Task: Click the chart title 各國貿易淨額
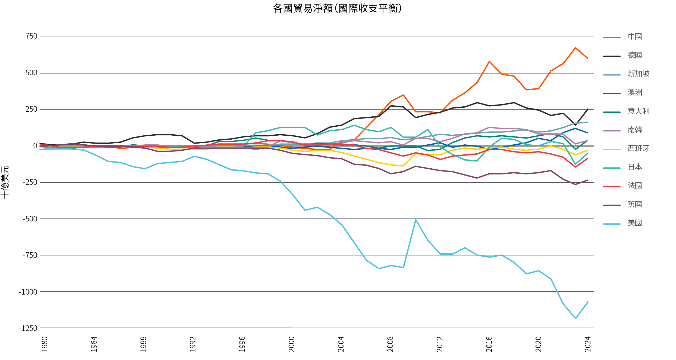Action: [337, 8]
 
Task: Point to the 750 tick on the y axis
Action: [31, 36]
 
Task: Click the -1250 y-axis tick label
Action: [28, 328]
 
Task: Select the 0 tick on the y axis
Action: [35, 146]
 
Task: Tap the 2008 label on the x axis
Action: [390, 344]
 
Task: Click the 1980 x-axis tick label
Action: [45, 344]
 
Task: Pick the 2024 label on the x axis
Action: [588, 344]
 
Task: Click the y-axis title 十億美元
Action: [5, 182]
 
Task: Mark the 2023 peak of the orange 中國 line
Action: [575, 48]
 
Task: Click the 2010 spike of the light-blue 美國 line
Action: [416, 220]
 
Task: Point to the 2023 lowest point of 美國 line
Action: [575, 318]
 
